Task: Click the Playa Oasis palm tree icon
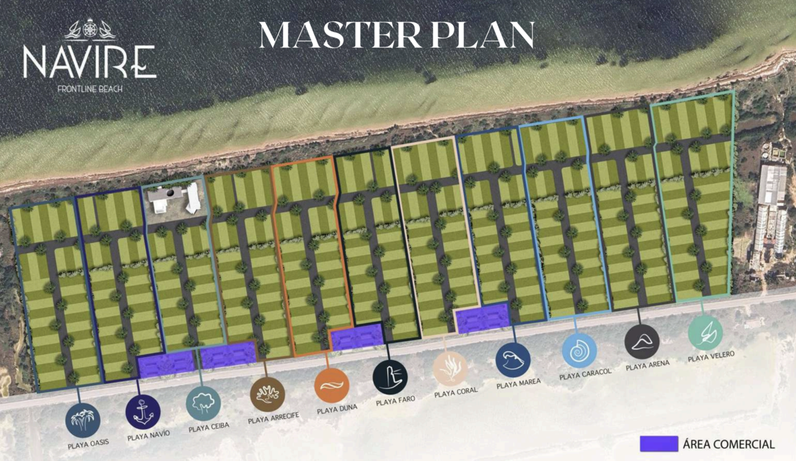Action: pyautogui.click(x=83, y=421)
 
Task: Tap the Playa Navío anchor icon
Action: pyautogui.click(x=143, y=413)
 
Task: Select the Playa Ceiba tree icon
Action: pyautogui.click(x=203, y=403)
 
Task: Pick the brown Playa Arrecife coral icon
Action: pyautogui.click(x=267, y=395)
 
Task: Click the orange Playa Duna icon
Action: pyautogui.click(x=332, y=385)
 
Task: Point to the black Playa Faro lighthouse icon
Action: pyautogui.click(x=390, y=377)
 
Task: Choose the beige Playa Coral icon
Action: pyautogui.click(x=450, y=369)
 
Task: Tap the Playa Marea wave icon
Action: pyautogui.click(x=513, y=360)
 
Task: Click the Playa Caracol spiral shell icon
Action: pyautogui.click(x=580, y=350)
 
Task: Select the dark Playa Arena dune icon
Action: pyautogui.click(x=642, y=342)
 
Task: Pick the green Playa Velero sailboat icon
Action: pyautogui.click(x=705, y=333)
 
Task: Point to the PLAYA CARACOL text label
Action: pyautogui.click(x=585, y=374)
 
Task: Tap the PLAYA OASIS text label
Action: pyautogui.click(x=88, y=444)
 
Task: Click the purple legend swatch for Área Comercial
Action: pyautogui.click(x=659, y=444)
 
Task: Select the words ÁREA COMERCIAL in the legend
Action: pyautogui.click(x=729, y=444)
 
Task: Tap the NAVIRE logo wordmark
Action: pyautogui.click(x=90, y=62)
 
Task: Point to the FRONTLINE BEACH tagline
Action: pyautogui.click(x=90, y=89)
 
